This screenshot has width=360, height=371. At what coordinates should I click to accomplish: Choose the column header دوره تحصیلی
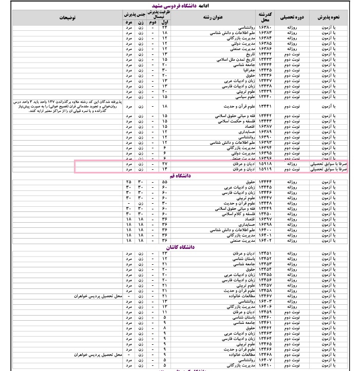click(x=291, y=17)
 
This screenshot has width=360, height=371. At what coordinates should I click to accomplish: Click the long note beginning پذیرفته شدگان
click(x=62, y=106)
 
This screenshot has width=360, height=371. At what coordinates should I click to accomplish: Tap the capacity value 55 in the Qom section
click(x=165, y=182)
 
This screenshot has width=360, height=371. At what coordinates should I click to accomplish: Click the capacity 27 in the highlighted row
click(x=165, y=164)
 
